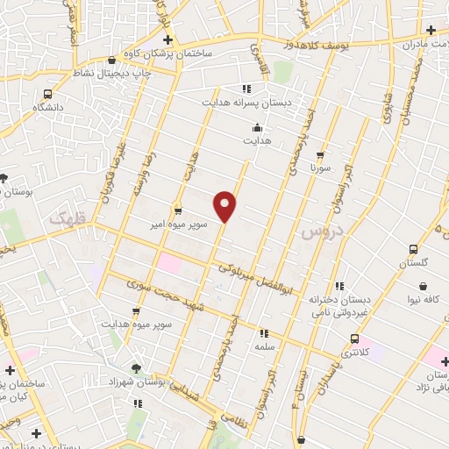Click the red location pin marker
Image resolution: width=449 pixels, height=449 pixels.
226,204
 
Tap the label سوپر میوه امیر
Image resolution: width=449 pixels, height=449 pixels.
177,224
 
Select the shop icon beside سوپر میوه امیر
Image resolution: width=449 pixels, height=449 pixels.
178,210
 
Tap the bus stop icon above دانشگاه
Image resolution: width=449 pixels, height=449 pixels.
47,93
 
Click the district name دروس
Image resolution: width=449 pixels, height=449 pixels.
319,232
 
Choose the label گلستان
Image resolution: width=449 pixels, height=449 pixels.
417,263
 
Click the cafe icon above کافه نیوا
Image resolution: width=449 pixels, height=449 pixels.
424,286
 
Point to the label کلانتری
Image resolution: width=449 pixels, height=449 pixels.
353,353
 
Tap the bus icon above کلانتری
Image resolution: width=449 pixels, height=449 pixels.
354,339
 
